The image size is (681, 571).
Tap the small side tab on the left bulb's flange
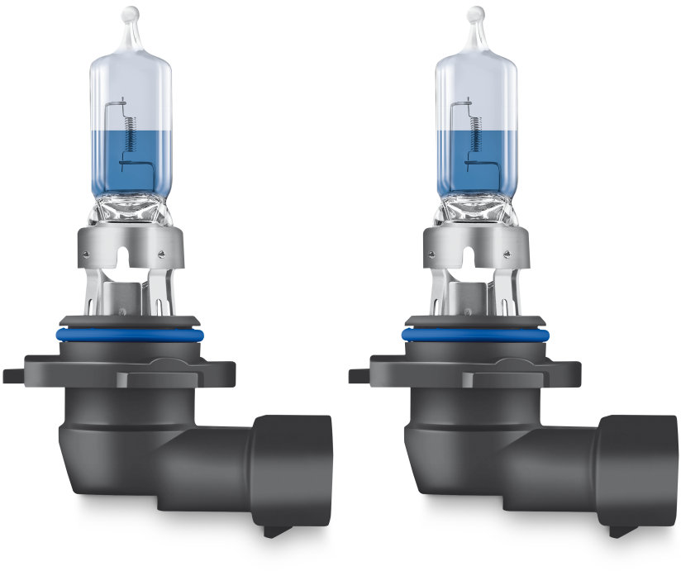13,374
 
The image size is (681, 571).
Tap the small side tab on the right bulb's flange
359,374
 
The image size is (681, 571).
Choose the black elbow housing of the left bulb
124,446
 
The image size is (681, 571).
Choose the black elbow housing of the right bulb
471,446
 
